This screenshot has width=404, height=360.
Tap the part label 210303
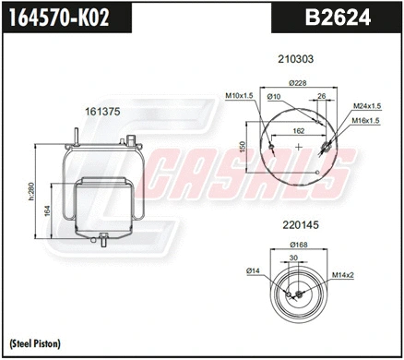pyautogui.click(x=296, y=58)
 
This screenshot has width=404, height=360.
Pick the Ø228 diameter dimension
pyautogui.click(x=298, y=84)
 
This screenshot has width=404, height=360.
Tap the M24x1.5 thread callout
pyautogui.click(x=368, y=106)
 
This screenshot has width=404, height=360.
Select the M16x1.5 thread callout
pyautogui.click(x=368, y=120)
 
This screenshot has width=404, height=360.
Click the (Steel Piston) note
pyautogui.click(x=34, y=343)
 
